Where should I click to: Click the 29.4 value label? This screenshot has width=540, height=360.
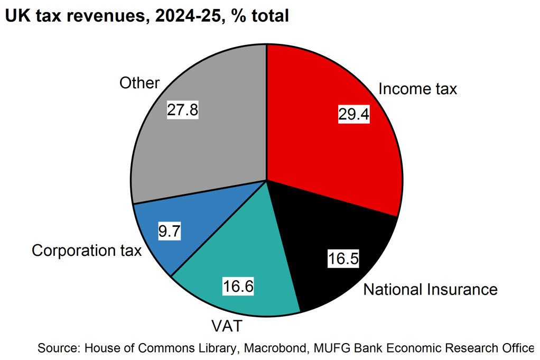click(x=353, y=114)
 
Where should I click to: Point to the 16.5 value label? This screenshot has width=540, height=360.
click(x=343, y=259)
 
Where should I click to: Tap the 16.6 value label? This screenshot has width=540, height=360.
click(x=238, y=287)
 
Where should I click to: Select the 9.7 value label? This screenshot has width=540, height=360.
click(x=170, y=232)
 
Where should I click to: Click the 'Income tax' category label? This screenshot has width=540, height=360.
click(x=417, y=89)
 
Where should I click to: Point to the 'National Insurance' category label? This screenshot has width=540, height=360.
click(x=431, y=290)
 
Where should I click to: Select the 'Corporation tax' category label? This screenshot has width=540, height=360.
click(x=87, y=250)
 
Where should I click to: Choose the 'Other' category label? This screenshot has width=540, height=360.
click(x=139, y=83)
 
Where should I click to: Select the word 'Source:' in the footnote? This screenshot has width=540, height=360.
click(x=58, y=348)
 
